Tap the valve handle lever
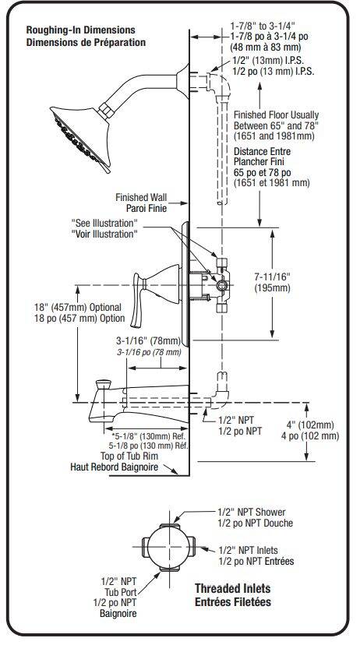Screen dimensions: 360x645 139,298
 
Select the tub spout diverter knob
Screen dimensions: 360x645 104,386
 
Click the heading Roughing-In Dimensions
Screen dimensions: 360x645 80,30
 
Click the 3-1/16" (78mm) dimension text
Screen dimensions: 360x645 149,340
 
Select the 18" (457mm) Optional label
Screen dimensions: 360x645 78,307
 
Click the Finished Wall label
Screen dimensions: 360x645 141,197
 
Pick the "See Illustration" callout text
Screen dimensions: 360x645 104,224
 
